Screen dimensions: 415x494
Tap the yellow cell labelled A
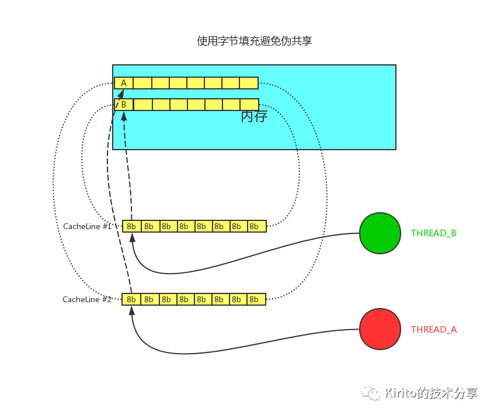[124, 83]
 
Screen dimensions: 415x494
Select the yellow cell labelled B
[124, 105]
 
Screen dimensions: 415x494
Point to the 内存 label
[254, 117]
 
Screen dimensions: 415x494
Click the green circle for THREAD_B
[380, 233]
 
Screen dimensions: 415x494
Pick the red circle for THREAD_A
[380, 329]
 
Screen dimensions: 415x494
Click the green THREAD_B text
[434, 233]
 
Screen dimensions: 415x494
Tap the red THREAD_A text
[434, 330]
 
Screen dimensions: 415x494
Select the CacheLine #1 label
[87, 226]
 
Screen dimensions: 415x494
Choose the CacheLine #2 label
[87, 299]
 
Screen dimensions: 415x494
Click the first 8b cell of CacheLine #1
[131, 226]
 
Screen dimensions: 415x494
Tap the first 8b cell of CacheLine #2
[131, 299]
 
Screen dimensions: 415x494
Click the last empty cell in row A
[249, 83]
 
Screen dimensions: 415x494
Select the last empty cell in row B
[249, 105]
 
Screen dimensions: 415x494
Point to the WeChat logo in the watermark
[371, 392]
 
